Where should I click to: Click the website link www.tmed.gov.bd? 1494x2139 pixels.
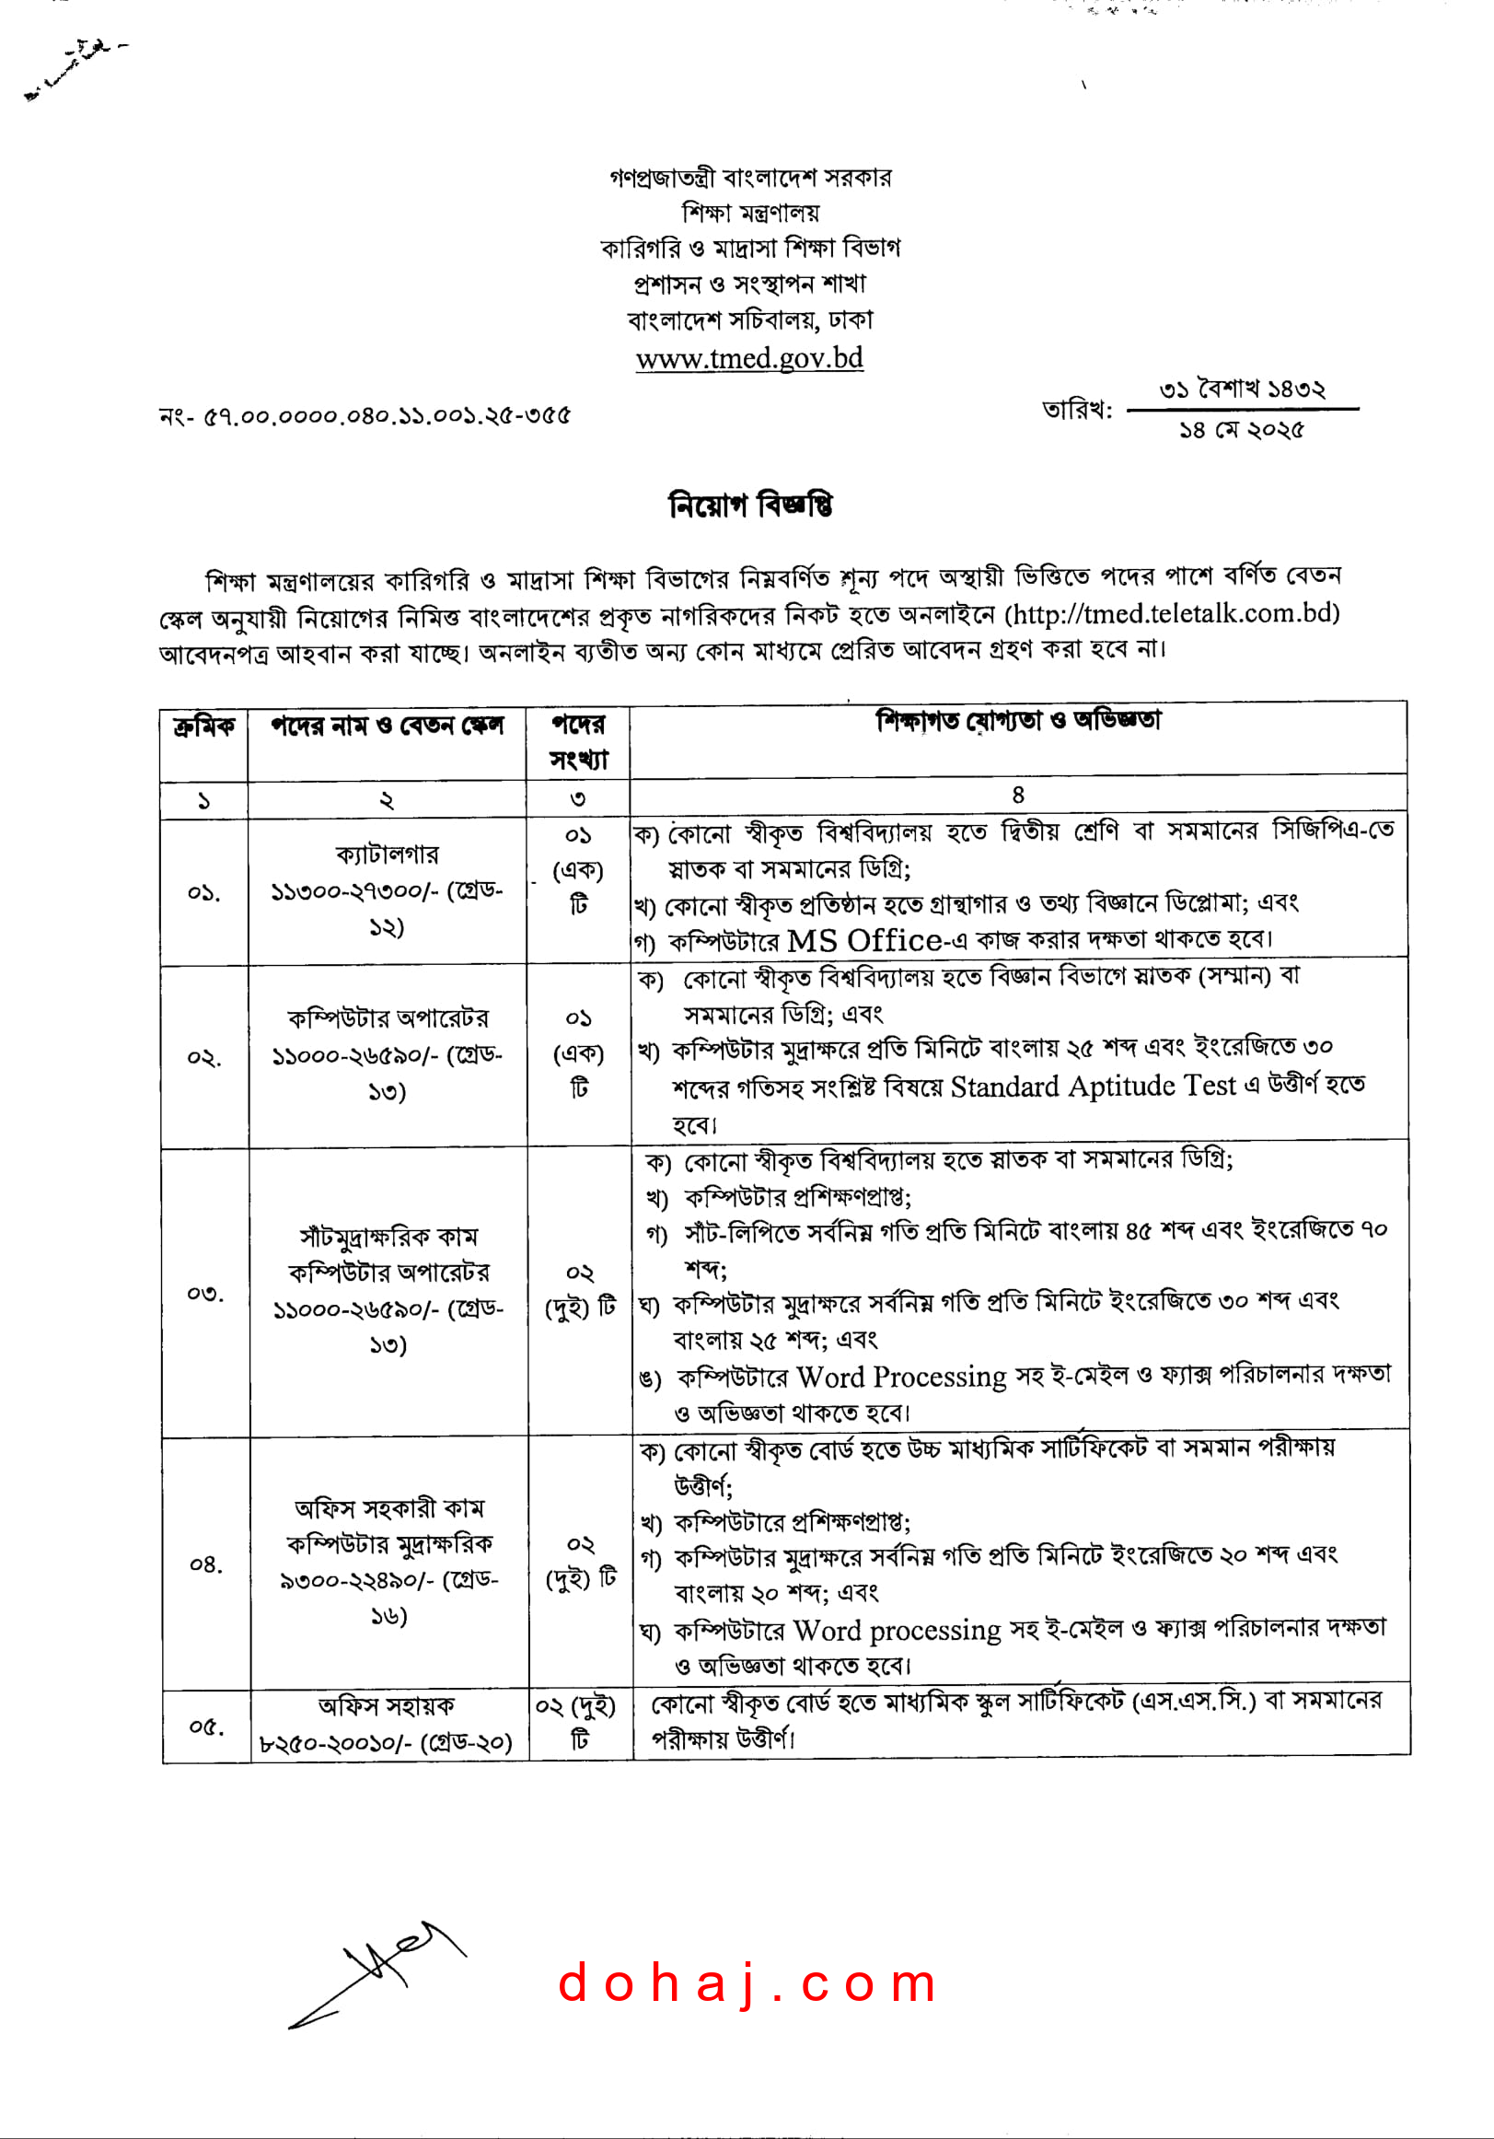point(749,358)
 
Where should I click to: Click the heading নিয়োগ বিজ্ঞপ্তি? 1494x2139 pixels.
point(750,505)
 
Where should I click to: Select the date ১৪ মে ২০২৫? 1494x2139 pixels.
point(1242,429)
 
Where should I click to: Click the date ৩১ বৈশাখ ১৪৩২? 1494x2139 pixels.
point(1242,389)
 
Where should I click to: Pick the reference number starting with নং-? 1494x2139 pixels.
point(365,415)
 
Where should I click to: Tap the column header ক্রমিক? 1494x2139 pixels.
point(203,726)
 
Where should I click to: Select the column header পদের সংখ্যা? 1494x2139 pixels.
point(577,741)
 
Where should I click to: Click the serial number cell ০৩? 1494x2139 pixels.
point(205,1293)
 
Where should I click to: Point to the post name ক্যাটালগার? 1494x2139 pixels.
point(387,854)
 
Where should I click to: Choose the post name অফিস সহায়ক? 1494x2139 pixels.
point(387,1706)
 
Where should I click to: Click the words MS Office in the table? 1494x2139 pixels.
point(864,940)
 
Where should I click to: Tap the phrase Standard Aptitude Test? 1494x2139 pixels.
point(1093,1087)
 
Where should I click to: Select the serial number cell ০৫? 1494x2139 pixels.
point(206,1726)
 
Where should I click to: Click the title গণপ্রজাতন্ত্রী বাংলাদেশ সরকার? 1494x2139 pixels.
point(750,177)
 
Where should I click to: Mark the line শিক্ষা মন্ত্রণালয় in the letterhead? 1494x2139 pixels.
point(750,213)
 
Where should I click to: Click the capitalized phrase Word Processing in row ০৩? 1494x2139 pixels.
point(901,1376)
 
